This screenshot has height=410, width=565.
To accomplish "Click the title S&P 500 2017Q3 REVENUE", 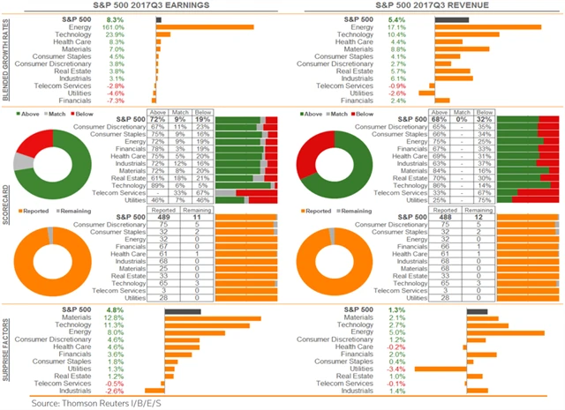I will coord(425,6).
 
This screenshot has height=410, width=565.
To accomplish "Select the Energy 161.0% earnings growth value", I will coord(138,27).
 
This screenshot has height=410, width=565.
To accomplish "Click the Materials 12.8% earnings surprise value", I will coord(139,317).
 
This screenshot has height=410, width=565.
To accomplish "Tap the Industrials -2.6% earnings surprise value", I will coord(139,391).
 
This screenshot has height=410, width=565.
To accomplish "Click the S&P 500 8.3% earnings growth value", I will coord(139,18).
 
